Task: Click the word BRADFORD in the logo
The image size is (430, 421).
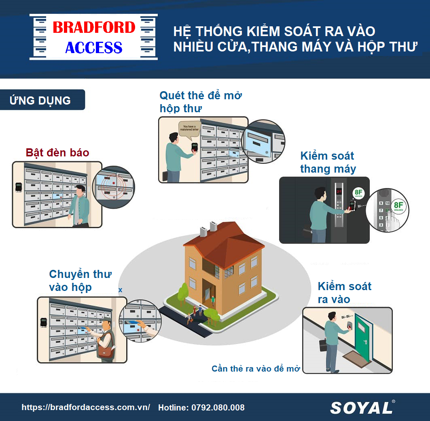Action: [93, 28]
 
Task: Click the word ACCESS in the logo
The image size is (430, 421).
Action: [93, 48]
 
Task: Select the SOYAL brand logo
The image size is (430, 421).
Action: [361, 408]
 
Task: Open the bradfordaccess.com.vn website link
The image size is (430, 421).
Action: [86, 408]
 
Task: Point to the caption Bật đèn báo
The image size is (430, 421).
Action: [57, 153]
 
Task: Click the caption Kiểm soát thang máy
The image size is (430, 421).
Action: [328, 162]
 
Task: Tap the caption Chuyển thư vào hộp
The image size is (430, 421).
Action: [80, 280]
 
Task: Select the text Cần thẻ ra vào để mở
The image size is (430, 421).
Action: [256, 369]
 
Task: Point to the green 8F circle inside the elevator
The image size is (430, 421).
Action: [358, 193]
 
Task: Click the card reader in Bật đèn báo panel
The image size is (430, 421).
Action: [18, 187]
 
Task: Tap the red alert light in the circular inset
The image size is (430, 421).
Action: [114, 183]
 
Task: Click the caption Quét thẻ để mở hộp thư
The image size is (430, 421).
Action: [201, 102]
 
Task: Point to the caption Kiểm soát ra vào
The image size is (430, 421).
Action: [344, 293]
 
